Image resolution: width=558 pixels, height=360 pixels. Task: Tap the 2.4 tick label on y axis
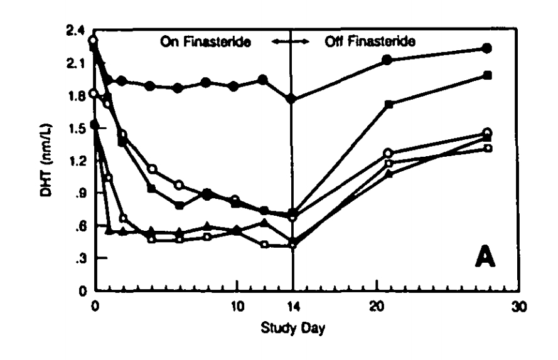79,31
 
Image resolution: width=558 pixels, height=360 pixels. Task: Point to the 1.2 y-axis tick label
79,161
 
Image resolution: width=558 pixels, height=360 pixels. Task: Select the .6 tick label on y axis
81,226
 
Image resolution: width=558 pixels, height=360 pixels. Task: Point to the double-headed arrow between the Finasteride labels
293,43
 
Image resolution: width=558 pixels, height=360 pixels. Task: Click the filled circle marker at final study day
487,48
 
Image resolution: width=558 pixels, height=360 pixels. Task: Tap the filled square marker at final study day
488,75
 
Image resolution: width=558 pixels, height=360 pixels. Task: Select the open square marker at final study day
488,148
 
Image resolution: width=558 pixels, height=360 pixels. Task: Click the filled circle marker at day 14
291,98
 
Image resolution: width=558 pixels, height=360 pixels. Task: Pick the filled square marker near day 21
389,104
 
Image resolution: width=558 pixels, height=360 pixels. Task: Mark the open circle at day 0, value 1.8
94,93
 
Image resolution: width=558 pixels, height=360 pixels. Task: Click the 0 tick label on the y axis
82,291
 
